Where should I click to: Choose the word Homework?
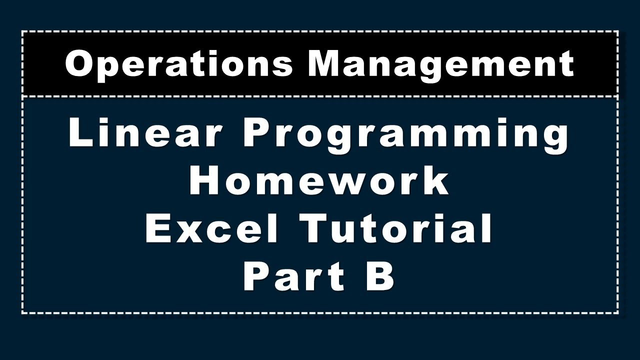pos(319,181)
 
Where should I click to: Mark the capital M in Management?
pos(327,64)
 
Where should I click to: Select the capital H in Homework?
pos(205,181)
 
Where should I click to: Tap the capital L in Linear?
pos(80,133)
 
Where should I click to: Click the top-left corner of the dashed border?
pos(22,31)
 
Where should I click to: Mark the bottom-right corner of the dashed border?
pos(618,313)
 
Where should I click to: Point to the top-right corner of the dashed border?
pos(618,31)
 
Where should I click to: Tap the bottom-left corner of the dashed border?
pos(22,313)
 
